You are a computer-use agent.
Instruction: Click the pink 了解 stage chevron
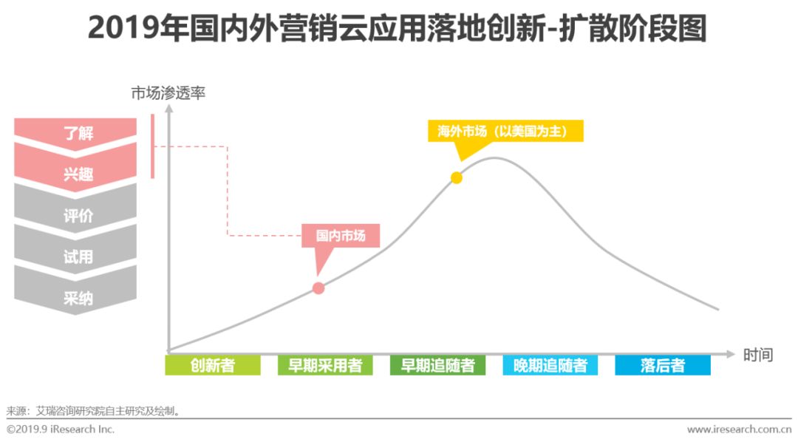pyautogui.click(x=76, y=134)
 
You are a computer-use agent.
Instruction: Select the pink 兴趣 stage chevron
pyautogui.click(x=76, y=174)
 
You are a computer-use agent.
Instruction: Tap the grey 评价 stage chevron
pyautogui.click(x=76, y=216)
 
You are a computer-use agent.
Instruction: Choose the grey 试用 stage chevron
pyautogui.click(x=76, y=257)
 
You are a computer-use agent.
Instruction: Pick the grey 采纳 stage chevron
pyautogui.click(x=76, y=299)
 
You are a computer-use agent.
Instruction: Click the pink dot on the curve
pyautogui.click(x=318, y=288)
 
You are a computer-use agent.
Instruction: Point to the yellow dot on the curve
pyautogui.click(x=457, y=177)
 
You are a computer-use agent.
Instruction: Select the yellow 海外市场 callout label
pyautogui.click(x=506, y=131)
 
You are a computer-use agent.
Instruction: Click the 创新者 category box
pyautogui.click(x=213, y=365)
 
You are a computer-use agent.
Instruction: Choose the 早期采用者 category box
pyautogui.click(x=325, y=365)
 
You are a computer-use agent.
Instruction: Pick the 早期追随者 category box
pyautogui.click(x=437, y=365)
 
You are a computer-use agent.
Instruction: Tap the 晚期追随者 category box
pyautogui.click(x=550, y=365)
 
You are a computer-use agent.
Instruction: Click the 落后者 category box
pyautogui.click(x=663, y=365)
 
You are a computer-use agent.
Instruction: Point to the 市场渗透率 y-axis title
pyautogui.click(x=168, y=94)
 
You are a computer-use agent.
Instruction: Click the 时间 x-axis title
pyautogui.click(x=758, y=355)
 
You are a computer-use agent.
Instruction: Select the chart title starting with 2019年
pyautogui.click(x=398, y=30)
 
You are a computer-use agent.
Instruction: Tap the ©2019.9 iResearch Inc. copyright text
pyautogui.click(x=61, y=429)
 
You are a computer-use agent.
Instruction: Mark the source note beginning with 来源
pyautogui.click(x=93, y=410)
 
